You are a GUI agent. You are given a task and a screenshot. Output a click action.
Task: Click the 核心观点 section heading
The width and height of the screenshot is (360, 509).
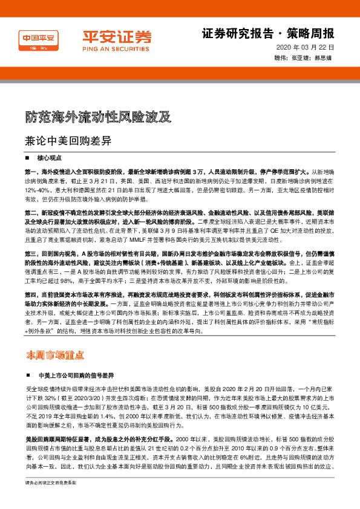50,157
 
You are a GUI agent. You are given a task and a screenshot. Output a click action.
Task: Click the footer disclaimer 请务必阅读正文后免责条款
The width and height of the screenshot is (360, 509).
51,500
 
